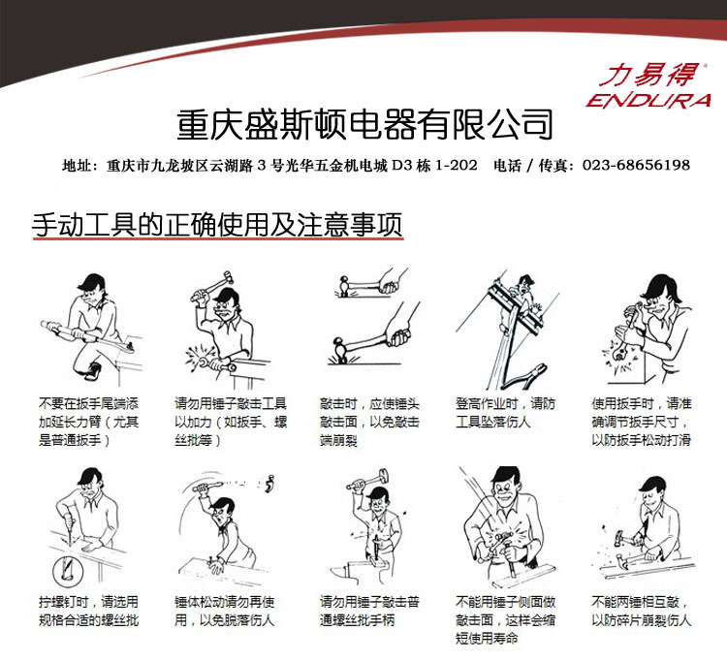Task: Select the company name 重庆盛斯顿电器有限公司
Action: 364,124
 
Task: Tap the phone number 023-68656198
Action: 636,166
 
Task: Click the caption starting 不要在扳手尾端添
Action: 87,422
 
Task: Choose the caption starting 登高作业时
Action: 506,412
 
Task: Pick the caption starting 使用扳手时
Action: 640,422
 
